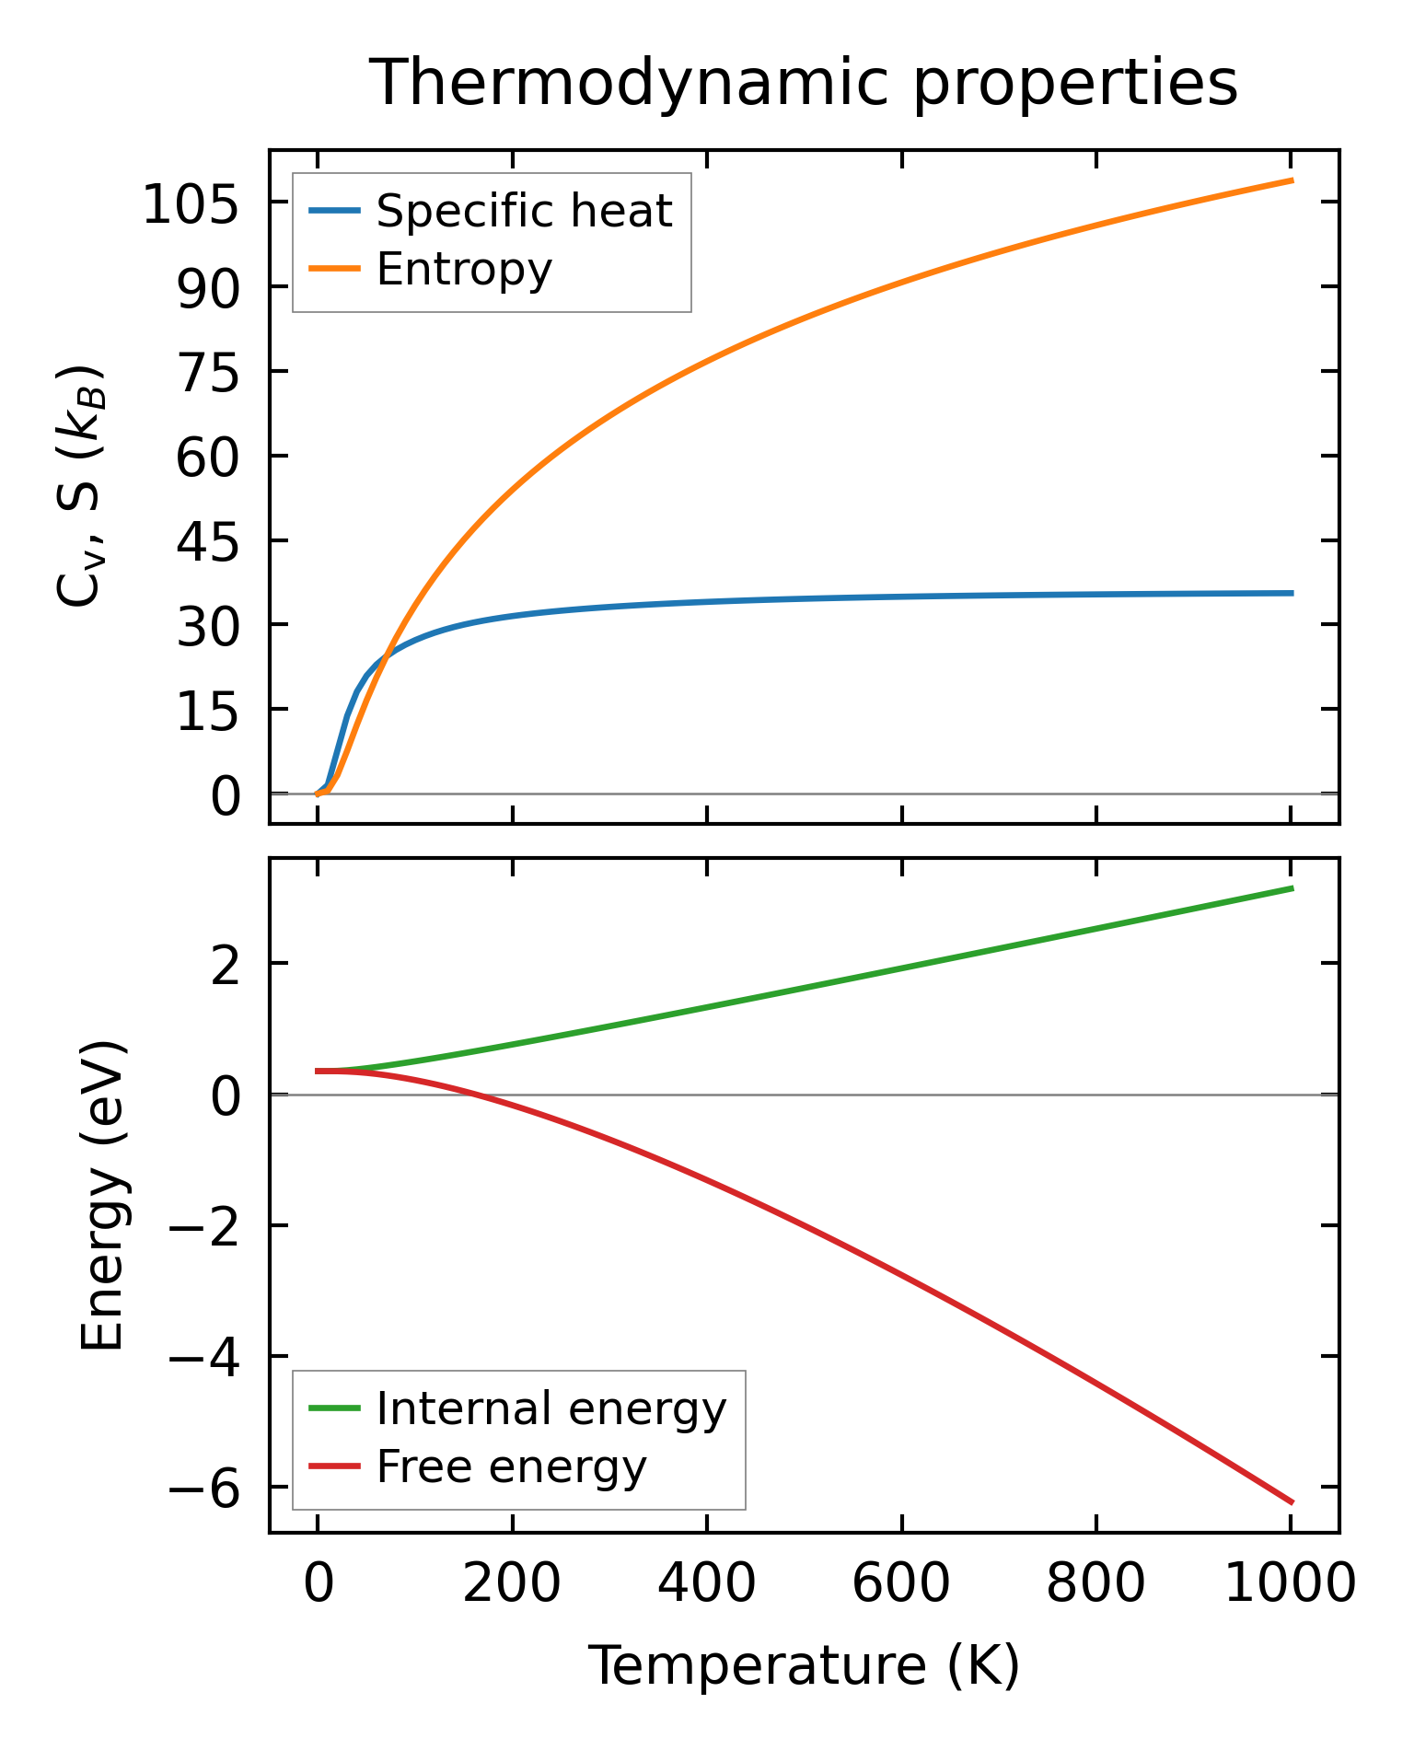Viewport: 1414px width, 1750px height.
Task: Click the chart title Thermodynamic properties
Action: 803,83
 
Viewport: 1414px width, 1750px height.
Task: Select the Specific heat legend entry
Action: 524,211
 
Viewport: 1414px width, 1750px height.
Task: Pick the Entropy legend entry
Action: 464,269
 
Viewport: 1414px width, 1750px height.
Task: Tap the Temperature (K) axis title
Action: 803,1665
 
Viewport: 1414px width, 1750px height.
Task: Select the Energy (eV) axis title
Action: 101,1196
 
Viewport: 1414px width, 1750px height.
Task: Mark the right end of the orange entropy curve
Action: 1292,180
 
